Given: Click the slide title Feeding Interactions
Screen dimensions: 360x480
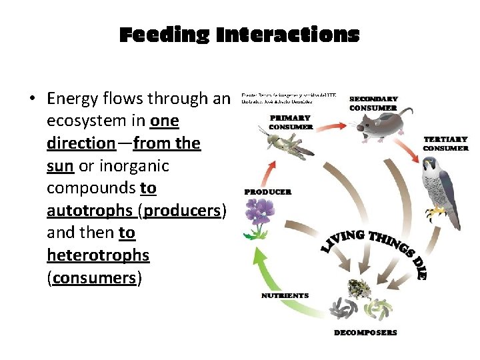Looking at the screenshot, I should (239, 35).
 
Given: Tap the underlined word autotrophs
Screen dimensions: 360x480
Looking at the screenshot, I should (90, 211).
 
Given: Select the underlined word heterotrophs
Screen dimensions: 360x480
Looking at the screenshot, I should (98, 255).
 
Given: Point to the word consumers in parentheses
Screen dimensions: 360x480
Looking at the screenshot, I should (94, 278).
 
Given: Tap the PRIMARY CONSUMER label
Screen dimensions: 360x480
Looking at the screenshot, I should (291, 122).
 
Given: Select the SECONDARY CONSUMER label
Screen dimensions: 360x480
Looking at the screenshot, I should (373, 103).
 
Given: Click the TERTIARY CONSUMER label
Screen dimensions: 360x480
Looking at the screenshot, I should (445, 143).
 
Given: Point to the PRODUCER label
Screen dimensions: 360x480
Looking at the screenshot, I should (268, 192).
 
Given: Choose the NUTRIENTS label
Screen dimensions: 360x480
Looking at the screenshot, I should (285, 295).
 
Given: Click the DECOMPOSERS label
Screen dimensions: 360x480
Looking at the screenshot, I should (365, 332).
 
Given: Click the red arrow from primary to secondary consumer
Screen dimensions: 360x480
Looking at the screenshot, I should (331, 123).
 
